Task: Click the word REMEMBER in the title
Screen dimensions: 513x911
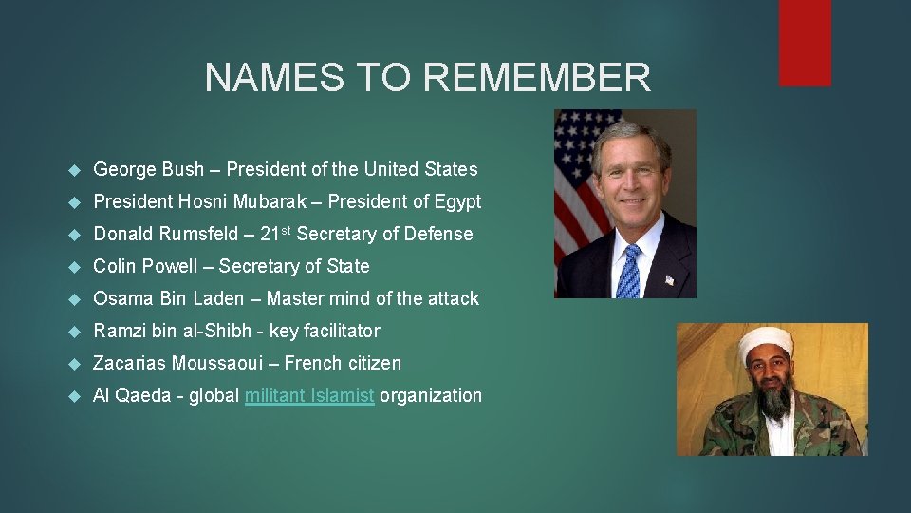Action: pyautogui.click(x=540, y=78)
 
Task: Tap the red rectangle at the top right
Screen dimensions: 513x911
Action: pyautogui.click(x=805, y=43)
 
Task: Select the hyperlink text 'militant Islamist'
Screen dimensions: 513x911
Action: pyautogui.click(x=309, y=395)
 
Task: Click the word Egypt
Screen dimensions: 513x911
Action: pyautogui.click(x=457, y=201)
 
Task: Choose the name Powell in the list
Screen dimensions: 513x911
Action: pyautogui.click(x=175, y=266)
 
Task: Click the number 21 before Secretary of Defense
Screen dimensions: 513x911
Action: pyautogui.click(x=270, y=234)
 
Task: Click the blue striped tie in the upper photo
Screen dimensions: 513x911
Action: pyautogui.click(x=627, y=270)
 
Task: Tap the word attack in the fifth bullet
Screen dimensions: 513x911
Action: pyautogui.click(x=453, y=298)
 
